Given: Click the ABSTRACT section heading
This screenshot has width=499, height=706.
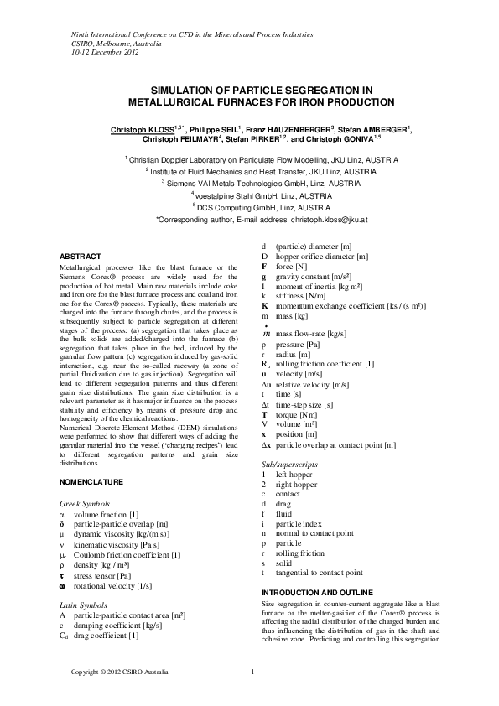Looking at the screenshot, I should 82,255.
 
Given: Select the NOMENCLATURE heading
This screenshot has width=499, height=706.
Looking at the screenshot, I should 93,482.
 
